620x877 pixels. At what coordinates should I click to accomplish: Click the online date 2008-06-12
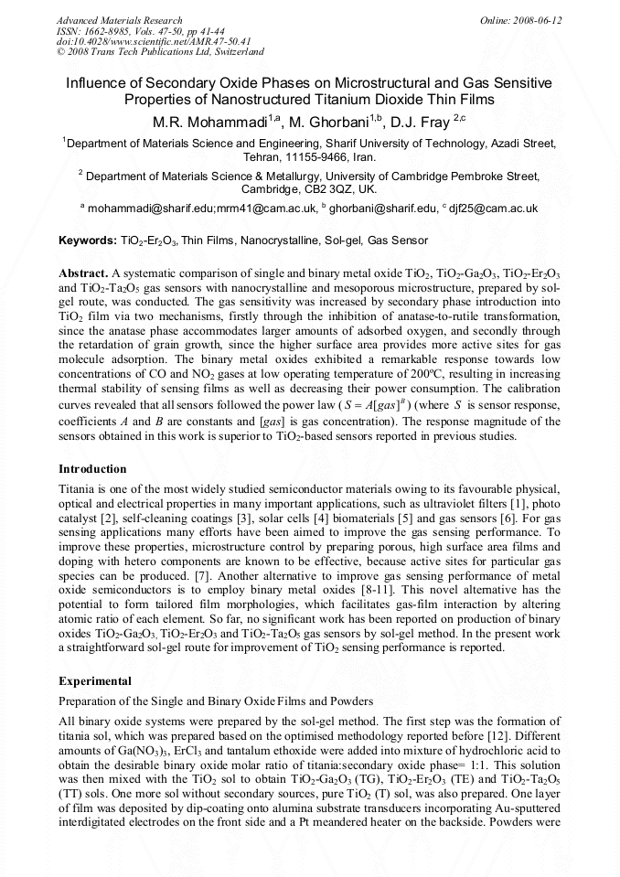(x=537, y=20)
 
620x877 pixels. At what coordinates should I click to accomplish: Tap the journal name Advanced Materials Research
(x=120, y=20)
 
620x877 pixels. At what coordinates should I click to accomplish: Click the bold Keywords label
(x=87, y=241)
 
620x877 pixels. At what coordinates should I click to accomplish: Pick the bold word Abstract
(x=83, y=273)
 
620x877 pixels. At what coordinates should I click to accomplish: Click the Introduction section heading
(x=92, y=468)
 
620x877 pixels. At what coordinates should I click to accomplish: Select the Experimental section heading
(x=95, y=680)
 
